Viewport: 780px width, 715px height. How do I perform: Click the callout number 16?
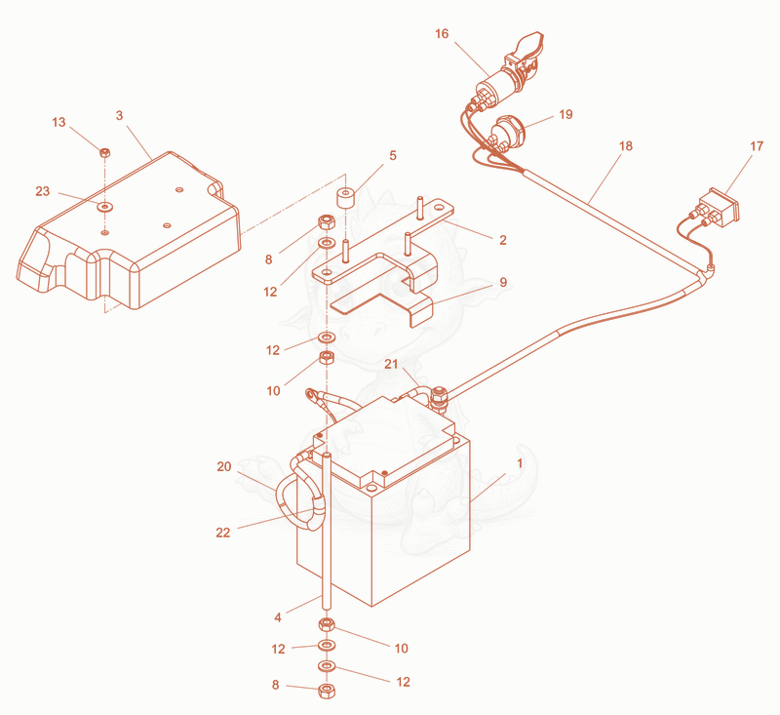point(442,34)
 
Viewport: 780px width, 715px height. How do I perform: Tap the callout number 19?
point(565,114)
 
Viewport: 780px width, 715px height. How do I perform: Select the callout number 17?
point(757,146)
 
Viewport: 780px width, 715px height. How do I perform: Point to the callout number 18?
point(626,145)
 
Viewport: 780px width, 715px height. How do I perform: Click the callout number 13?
point(58,122)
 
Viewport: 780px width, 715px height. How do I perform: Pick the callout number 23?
point(43,191)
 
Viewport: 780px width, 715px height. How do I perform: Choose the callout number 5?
point(393,156)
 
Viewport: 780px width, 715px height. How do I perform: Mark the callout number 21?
point(392,364)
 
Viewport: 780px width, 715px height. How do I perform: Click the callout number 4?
point(278,617)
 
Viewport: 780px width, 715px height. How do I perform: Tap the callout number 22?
point(223,533)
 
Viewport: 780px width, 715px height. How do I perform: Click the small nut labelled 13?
point(105,153)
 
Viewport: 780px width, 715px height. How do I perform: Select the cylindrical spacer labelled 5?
point(346,197)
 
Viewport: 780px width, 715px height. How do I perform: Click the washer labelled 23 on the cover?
point(105,206)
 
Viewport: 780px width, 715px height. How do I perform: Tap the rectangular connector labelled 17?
point(720,208)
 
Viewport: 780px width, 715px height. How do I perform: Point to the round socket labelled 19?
point(506,131)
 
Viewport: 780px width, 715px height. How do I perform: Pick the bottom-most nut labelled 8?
point(327,691)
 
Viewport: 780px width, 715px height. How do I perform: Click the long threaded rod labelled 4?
point(327,531)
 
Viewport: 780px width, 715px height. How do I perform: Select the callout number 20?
point(224,466)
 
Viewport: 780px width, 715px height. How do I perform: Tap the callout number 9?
point(503,282)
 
